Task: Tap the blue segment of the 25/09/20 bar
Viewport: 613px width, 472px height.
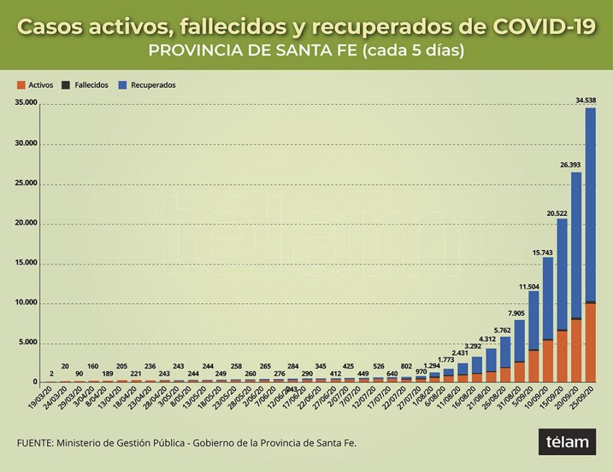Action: click(591, 204)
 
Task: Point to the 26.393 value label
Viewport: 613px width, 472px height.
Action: click(571, 165)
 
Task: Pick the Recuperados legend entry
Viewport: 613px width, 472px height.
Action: click(149, 85)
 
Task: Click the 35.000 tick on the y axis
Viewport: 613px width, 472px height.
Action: click(26, 104)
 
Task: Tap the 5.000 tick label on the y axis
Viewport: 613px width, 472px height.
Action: click(28, 343)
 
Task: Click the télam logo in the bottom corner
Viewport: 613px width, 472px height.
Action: click(567, 442)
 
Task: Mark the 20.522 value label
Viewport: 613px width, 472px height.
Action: click(557, 213)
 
